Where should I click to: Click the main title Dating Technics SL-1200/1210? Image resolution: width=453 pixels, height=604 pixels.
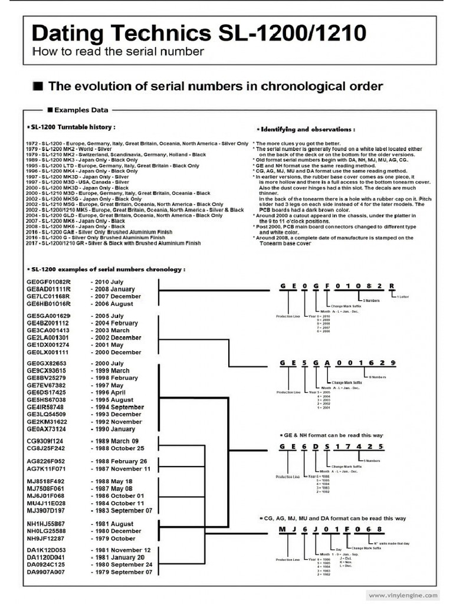(198, 33)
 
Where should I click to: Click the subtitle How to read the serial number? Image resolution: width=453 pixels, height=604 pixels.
(118, 51)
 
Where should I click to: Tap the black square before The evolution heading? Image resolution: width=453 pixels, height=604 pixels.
(38, 87)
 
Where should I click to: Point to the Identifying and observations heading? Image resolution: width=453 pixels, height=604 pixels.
(306, 129)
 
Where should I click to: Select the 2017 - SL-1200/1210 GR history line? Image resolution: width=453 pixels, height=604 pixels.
(117, 243)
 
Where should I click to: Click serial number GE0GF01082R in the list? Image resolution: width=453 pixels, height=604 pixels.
(48, 282)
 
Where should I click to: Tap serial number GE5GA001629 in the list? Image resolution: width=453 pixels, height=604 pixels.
(48, 316)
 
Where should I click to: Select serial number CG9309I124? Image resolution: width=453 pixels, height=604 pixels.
(45, 441)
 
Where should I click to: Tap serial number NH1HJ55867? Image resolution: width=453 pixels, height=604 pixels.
(46, 524)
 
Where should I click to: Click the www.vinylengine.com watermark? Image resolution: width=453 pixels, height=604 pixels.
(403, 595)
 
